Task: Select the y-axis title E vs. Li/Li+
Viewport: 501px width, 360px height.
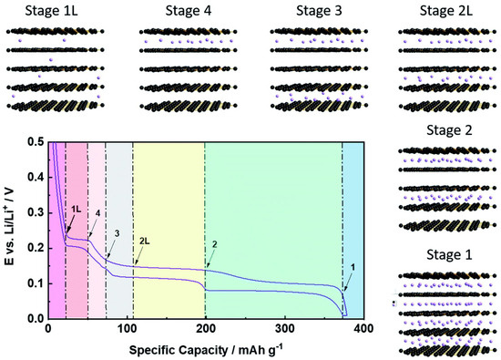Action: point(12,231)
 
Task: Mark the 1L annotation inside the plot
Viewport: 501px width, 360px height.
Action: point(77,210)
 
